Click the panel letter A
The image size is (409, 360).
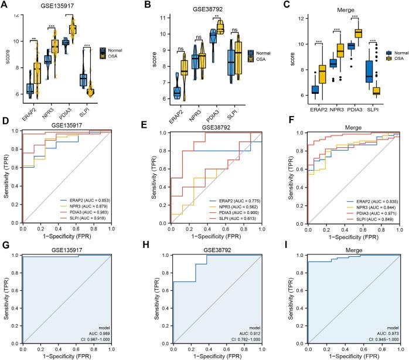(x=6, y=5)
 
